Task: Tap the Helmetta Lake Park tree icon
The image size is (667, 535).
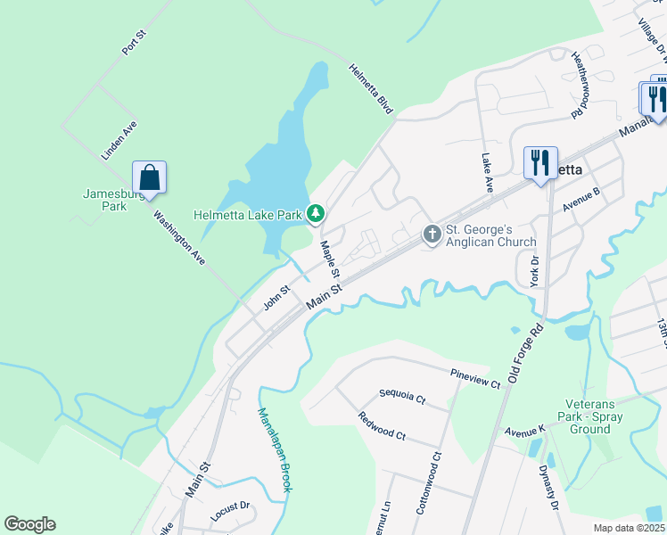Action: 315,214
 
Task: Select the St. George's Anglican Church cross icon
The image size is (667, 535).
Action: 432,235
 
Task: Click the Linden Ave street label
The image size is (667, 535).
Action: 119,141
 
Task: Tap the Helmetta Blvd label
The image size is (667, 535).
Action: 371,88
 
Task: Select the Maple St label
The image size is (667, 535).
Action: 330,259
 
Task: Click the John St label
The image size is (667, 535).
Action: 276,297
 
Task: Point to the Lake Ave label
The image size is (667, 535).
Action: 487,172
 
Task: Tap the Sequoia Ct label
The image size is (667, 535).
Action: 402,395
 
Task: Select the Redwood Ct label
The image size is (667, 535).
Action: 382,426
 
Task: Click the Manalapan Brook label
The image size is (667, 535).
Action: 275,450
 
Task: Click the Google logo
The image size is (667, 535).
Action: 29,524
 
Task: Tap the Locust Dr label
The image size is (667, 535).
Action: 232,512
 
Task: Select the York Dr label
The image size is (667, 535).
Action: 534,270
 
